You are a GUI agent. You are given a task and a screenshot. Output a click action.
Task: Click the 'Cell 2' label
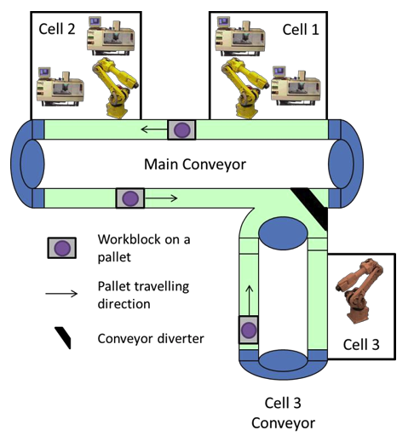(57, 28)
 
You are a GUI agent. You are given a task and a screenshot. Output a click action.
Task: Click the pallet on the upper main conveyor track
(181, 129)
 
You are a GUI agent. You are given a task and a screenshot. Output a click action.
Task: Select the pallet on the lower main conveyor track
(129, 198)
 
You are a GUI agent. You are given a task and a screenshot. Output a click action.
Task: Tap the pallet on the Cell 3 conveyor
(248, 330)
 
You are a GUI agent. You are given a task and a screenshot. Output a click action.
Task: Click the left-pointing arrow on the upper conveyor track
(152, 130)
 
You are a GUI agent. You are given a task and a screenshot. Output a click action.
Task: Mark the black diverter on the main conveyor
(310, 208)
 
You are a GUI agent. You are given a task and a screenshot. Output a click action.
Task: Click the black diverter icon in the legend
(60, 338)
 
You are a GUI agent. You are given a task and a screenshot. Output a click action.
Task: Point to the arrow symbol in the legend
(61, 294)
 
